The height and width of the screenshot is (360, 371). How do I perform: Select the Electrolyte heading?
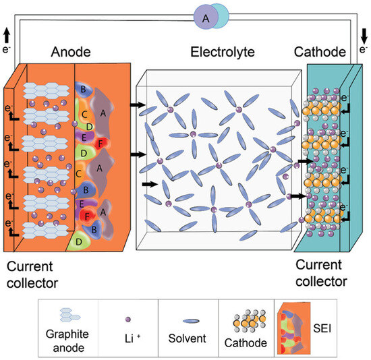click(x=219, y=53)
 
